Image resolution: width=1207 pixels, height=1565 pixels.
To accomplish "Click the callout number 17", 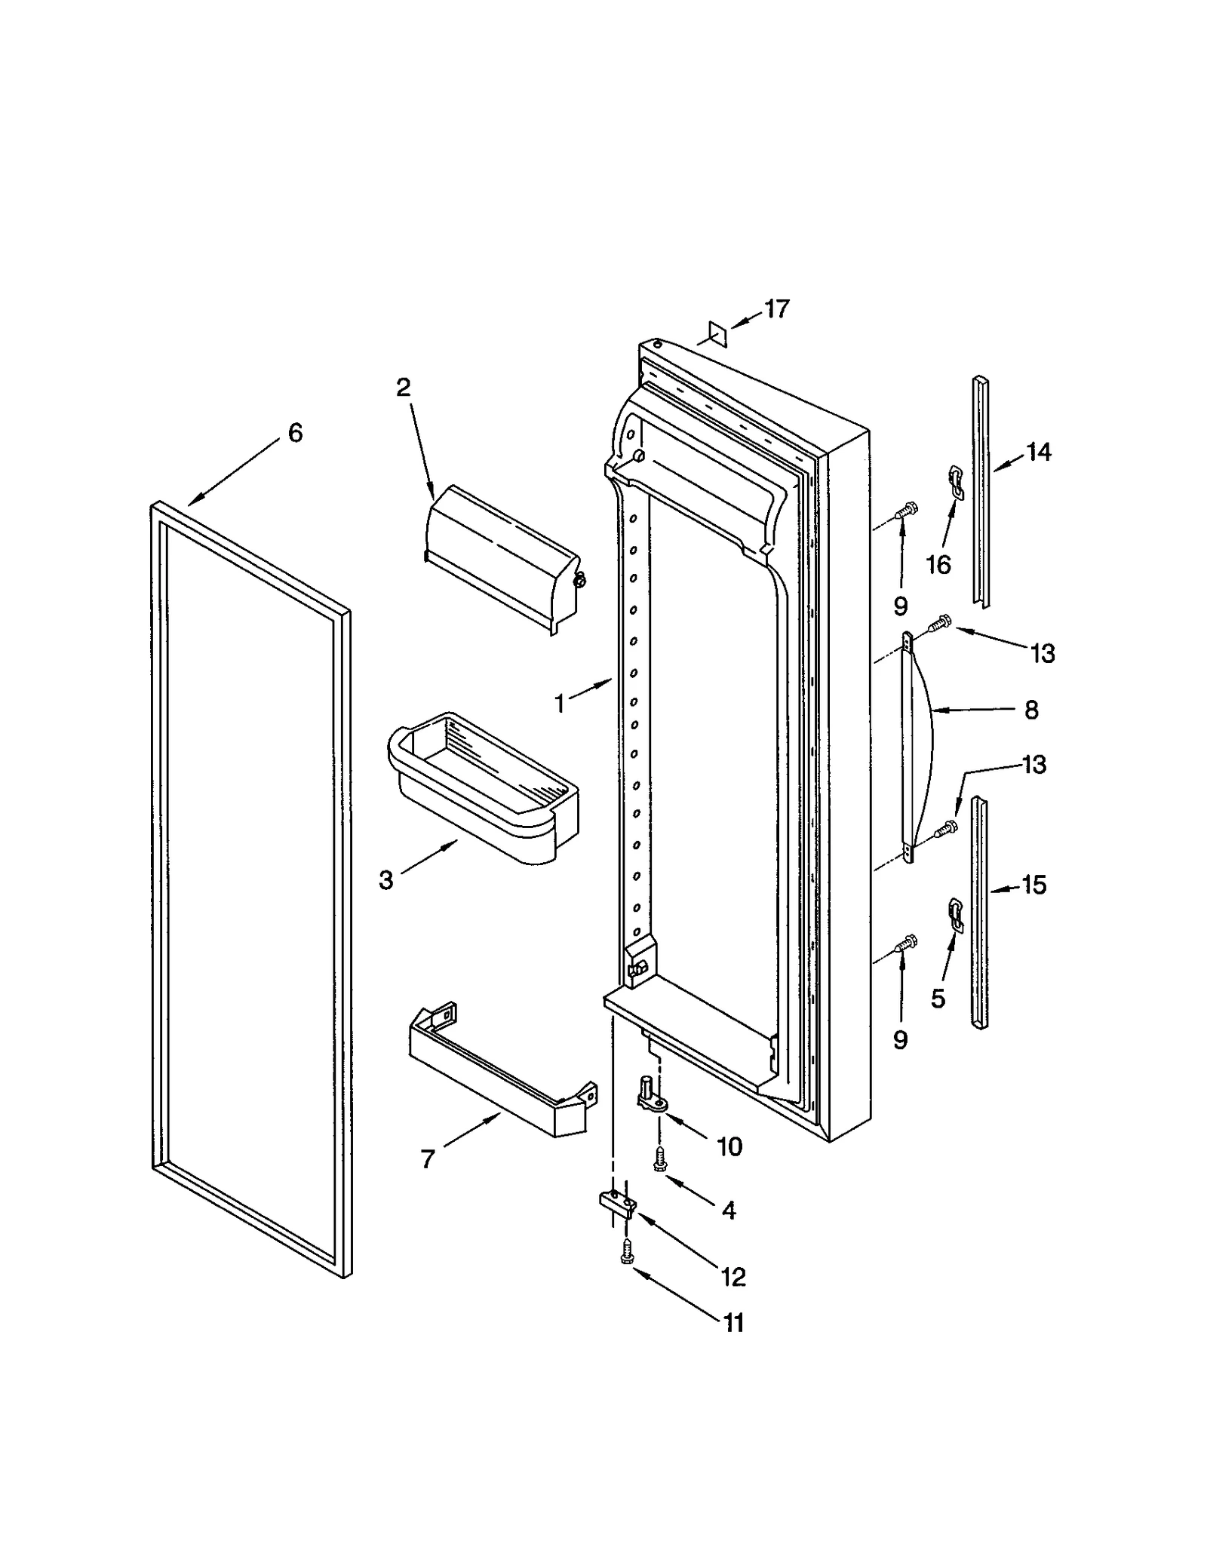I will click(776, 309).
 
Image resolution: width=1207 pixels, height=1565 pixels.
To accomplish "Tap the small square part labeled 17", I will click(716, 333).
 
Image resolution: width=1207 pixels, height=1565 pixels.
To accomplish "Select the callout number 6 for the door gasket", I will click(295, 433).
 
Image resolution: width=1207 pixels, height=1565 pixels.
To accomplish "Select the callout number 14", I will click(1038, 453).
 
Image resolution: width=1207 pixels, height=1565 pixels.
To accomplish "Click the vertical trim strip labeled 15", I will click(981, 913).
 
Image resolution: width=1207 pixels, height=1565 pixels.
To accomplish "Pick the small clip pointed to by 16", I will click(956, 483).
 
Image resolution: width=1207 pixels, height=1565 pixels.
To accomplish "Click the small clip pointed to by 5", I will click(956, 914).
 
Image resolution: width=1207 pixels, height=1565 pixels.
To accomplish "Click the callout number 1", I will click(560, 704).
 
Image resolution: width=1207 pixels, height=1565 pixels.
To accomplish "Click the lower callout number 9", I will click(900, 1040).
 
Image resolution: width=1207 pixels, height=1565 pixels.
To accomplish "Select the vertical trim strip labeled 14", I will click(981, 490).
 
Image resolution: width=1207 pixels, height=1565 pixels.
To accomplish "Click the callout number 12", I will click(733, 1277).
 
